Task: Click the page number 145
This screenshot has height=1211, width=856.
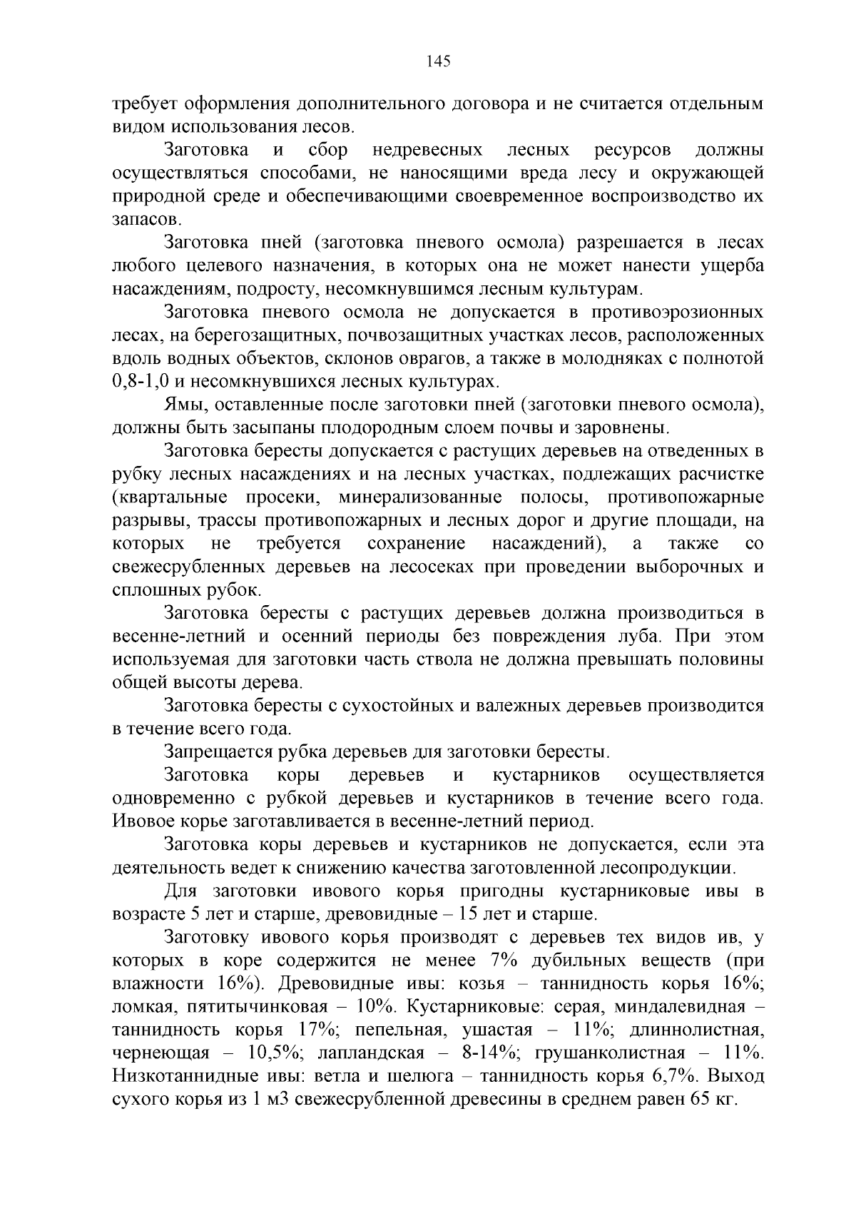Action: tap(438, 61)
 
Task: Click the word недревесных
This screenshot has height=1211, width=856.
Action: tap(427, 150)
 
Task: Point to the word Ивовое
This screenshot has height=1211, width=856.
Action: tap(138, 821)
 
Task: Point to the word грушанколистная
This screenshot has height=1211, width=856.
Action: tap(609, 1053)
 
